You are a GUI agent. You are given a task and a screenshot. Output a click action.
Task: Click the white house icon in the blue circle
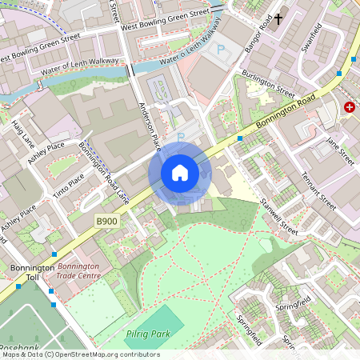[179, 172]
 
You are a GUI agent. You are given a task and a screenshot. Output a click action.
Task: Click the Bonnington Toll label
[32, 273]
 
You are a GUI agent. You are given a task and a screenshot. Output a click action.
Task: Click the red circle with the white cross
[350, 106]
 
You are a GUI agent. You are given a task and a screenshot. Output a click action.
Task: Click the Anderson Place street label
[150, 125]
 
